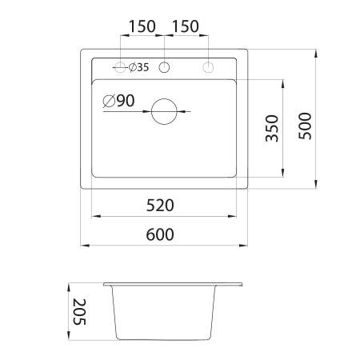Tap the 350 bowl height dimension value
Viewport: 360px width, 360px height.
[271, 128]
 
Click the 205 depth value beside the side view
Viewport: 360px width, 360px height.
[77, 311]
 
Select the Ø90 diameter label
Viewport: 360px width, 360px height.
[118, 102]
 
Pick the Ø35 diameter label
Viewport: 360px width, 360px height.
[138, 67]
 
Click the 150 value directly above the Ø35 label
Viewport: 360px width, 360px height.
[142, 26]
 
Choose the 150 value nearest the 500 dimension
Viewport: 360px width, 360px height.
[185, 26]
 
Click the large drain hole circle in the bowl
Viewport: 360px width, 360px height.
[165, 111]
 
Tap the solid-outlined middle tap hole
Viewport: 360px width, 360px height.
[164, 67]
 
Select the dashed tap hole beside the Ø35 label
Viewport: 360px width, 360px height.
[121, 67]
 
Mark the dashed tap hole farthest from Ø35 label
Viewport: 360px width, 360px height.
[207, 67]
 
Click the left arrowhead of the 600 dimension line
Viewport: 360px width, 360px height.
[84, 245]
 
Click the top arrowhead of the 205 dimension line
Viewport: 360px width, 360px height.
[68, 285]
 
